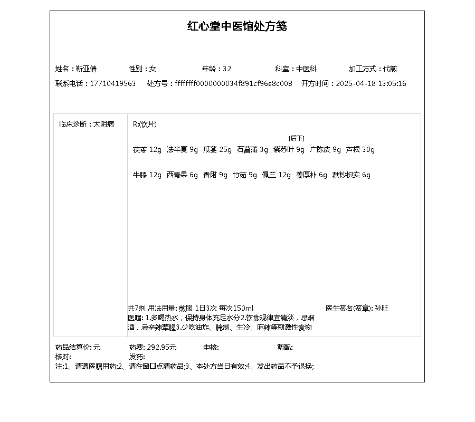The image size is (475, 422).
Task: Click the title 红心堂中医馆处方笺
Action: pos(237,26)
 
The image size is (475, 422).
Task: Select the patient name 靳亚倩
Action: pos(86,69)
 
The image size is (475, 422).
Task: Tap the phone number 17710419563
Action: pos(113,83)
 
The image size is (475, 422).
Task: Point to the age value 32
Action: pos(227,69)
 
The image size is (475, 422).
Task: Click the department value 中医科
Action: pos(306,69)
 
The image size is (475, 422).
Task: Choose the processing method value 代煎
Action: pos(390,69)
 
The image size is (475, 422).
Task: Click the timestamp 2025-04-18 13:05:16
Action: pos(371,83)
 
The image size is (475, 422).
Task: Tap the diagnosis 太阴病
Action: pos(103,124)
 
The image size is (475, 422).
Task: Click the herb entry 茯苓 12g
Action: pos(147,150)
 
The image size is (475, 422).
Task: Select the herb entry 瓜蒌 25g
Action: pos(217,150)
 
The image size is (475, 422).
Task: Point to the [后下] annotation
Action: pos(296,138)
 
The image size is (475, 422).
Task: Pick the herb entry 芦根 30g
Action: pos(360,150)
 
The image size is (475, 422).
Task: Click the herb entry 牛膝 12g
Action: pos(147,175)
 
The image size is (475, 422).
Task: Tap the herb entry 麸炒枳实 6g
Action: pos(351,175)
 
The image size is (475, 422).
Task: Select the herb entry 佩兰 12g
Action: pos(276,175)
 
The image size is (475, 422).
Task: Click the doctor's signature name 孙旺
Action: pos(382,308)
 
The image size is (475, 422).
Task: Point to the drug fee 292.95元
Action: pos(161,347)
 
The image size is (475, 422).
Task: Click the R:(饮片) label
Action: pos(145,124)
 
